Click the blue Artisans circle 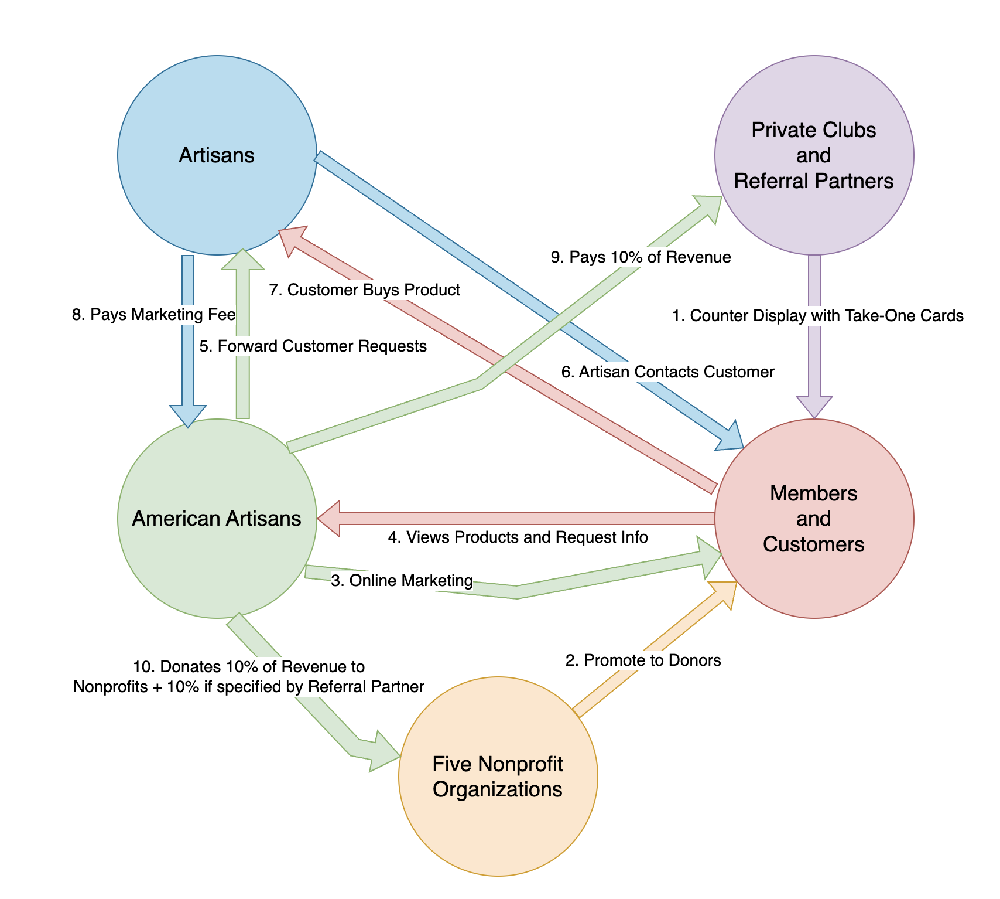(x=217, y=155)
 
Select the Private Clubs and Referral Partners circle (x=814, y=155)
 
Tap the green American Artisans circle (x=217, y=519)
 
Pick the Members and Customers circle (x=814, y=519)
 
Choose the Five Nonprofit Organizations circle (x=498, y=777)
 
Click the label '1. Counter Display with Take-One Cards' (x=817, y=316)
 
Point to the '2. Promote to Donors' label (x=643, y=660)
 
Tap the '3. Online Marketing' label (x=402, y=581)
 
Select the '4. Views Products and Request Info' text (x=518, y=537)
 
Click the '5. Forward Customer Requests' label (x=313, y=346)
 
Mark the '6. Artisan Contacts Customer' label (x=667, y=372)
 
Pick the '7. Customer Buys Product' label (x=364, y=290)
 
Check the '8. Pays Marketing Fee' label (x=153, y=315)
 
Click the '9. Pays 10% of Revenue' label (x=641, y=257)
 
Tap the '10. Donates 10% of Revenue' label (x=249, y=676)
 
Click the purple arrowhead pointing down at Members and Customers (x=814, y=407)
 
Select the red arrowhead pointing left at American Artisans (x=329, y=519)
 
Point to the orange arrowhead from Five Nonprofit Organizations (x=722, y=593)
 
